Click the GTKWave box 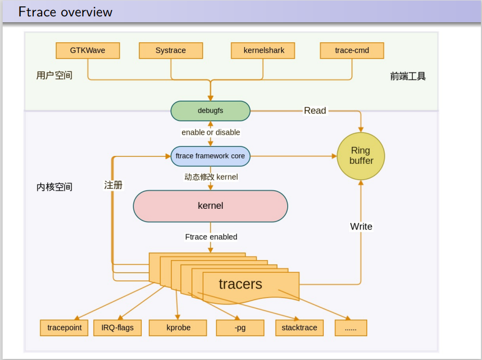pyautogui.click(x=88, y=51)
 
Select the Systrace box pyautogui.click(x=171, y=51)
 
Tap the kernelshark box pyautogui.click(x=263, y=51)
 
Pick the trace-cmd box pyautogui.click(x=352, y=51)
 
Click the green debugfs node pyautogui.click(x=211, y=111)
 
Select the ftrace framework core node pyautogui.click(x=211, y=156)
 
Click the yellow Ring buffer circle pyautogui.click(x=361, y=156)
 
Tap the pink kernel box pyautogui.click(x=211, y=206)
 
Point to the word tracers pyautogui.click(x=241, y=284)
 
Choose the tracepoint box pyautogui.click(x=65, y=328)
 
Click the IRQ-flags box pyautogui.click(x=117, y=328)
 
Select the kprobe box pyautogui.click(x=178, y=328)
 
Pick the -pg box pyautogui.click(x=240, y=328)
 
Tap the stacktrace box pyautogui.click(x=299, y=328)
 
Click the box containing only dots pyautogui.click(x=351, y=328)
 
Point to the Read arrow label pyautogui.click(x=315, y=110)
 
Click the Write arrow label pyautogui.click(x=361, y=227)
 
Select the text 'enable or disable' pyautogui.click(x=211, y=133)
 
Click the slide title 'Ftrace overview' pyautogui.click(x=65, y=12)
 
